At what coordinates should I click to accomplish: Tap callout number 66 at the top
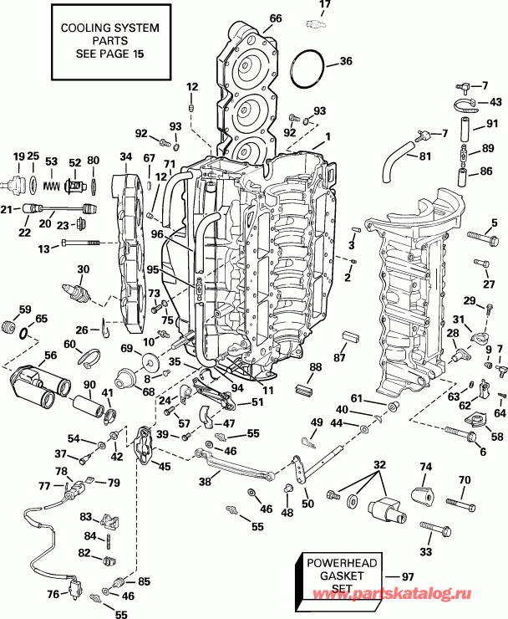(x=276, y=18)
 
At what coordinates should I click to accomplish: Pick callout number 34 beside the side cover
(x=126, y=156)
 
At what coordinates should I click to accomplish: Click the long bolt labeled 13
(x=79, y=244)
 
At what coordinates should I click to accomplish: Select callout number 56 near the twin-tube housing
(x=50, y=355)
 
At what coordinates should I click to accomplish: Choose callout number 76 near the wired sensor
(x=53, y=594)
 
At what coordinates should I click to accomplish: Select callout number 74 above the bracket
(x=425, y=467)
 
